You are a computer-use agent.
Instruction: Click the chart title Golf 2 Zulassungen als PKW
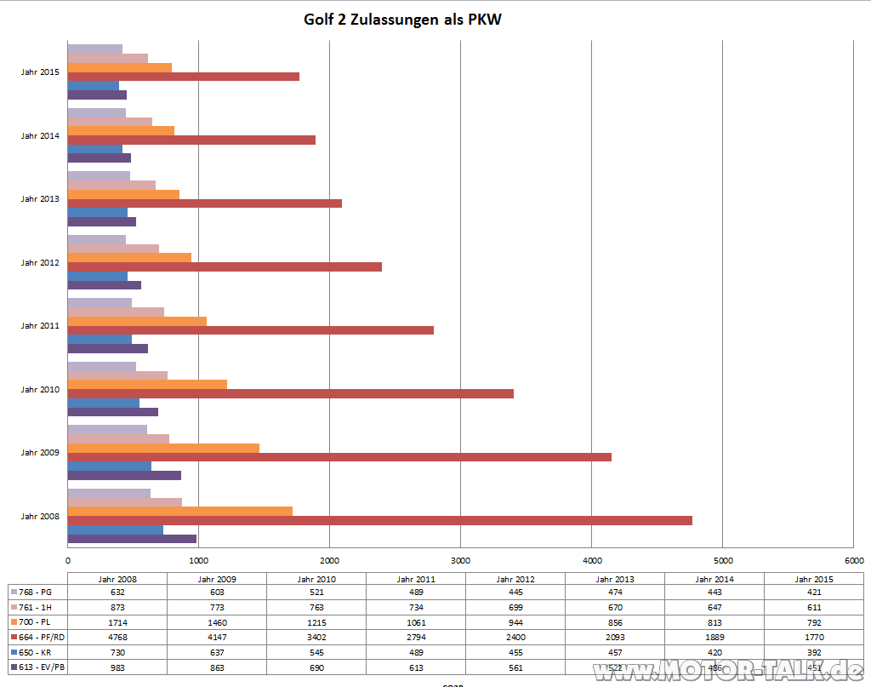pos(402,19)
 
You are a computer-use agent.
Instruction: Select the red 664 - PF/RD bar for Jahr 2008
pos(379,520)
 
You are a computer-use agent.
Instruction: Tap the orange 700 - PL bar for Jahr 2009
pos(163,448)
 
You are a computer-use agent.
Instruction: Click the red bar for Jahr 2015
pos(183,77)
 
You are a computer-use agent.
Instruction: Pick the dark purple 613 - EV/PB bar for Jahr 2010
pos(112,412)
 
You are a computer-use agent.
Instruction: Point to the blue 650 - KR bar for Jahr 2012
pos(97,276)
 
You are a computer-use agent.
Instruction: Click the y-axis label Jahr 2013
pos(40,199)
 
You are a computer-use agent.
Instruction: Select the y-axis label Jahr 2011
pos(40,326)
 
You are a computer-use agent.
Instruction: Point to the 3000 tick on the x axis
pos(460,560)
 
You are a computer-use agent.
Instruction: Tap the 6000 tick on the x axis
pos(853,560)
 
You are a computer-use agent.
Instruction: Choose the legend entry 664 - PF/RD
pos(37,638)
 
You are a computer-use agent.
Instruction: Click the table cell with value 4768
pos(117,638)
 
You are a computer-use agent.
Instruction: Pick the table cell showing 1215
pos(316,622)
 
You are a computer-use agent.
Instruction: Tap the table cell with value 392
pos(814,653)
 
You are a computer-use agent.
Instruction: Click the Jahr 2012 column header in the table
pos(515,579)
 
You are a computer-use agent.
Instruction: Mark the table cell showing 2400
pos(515,638)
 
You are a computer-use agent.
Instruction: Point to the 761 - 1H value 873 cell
pos(117,607)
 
